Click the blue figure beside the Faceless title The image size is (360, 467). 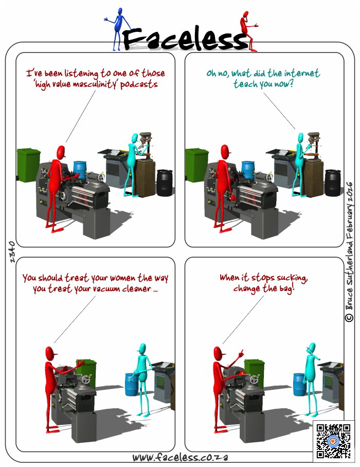point(119,28)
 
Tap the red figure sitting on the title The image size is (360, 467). point(248,31)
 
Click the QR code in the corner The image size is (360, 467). point(333,441)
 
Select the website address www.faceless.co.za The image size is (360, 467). point(180,457)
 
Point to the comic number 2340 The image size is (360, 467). point(12,252)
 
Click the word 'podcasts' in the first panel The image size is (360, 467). point(139,84)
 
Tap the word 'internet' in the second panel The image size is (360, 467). point(302,73)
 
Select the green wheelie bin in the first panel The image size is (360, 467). point(28,165)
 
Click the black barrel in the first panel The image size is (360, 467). point(165,183)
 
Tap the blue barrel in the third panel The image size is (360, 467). point(131,385)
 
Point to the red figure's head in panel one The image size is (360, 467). point(61,152)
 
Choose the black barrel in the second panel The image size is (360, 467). point(333,183)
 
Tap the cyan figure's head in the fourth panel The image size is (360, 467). point(311,348)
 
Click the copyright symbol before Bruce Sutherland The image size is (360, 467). point(349,317)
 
